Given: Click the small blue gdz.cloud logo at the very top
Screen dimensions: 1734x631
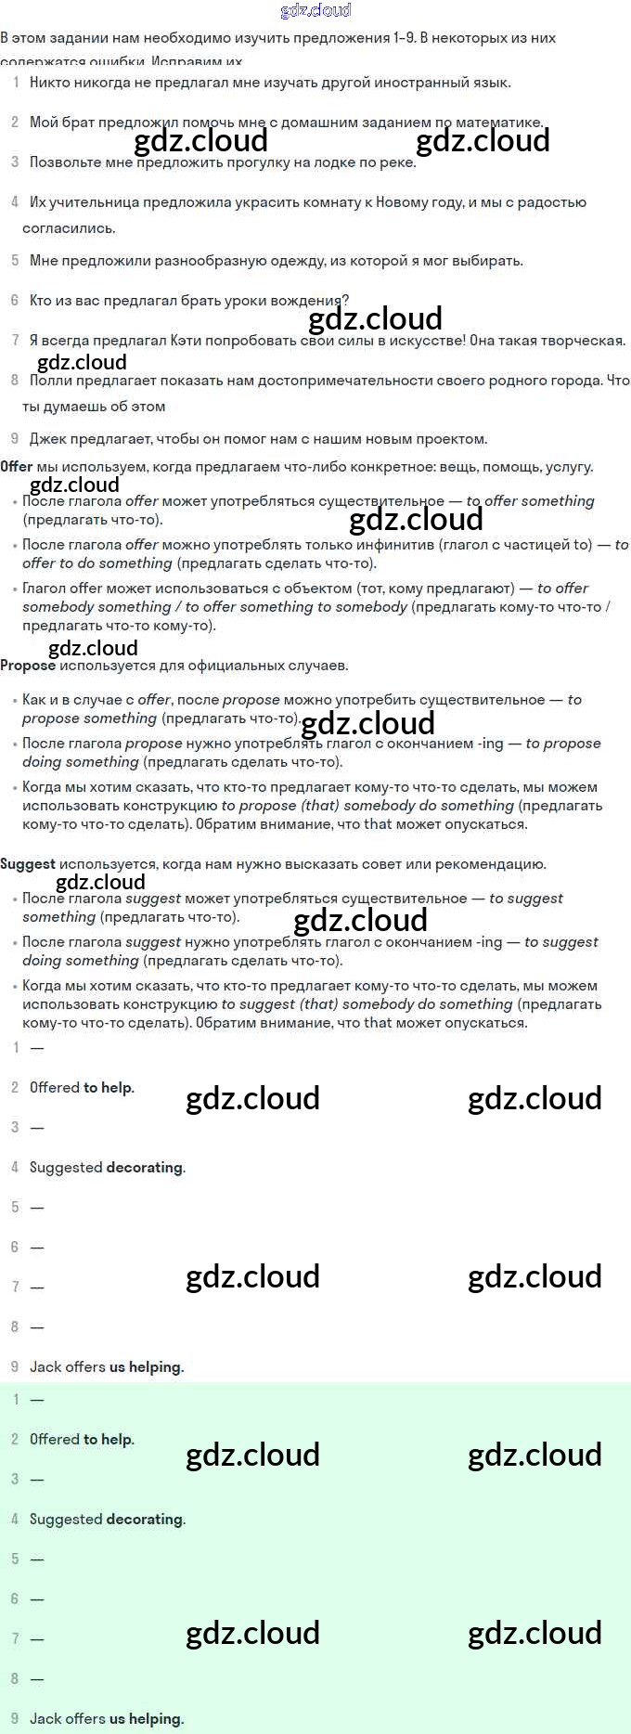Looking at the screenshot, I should coord(315,10).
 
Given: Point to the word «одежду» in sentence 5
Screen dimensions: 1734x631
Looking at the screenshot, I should coord(292,261).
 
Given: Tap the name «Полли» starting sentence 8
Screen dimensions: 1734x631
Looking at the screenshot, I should coord(50,380).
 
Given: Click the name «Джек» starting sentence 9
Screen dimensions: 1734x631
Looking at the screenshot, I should coord(48,438).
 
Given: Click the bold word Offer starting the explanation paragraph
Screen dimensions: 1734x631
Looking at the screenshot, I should coord(16,466).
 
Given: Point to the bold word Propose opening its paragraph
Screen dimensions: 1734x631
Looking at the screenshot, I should coord(28,665).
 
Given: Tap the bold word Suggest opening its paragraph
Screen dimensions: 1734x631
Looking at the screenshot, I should coord(28,863).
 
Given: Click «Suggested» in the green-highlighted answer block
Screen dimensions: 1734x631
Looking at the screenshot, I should coord(66,1519).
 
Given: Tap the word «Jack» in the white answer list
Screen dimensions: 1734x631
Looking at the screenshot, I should coord(45,1366).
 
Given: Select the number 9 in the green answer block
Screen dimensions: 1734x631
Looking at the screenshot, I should coord(15,1718).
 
